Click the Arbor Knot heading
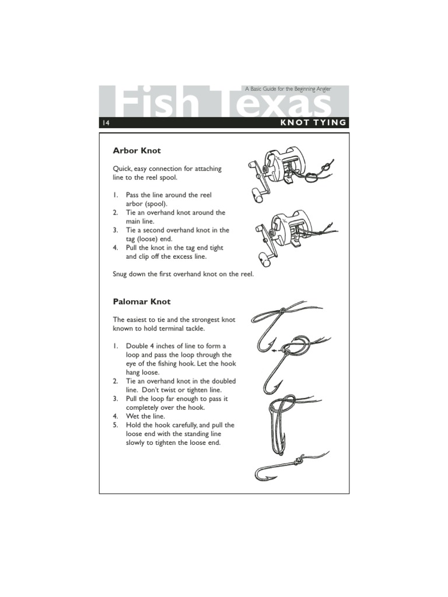[136, 151]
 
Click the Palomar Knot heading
[142, 301]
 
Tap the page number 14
[106, 122]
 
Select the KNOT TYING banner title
[313, 122]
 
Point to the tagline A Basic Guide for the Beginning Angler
[288, 89]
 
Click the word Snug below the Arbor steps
[122, 274]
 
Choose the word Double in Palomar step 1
[137, 346]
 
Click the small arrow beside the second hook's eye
[275, 351]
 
